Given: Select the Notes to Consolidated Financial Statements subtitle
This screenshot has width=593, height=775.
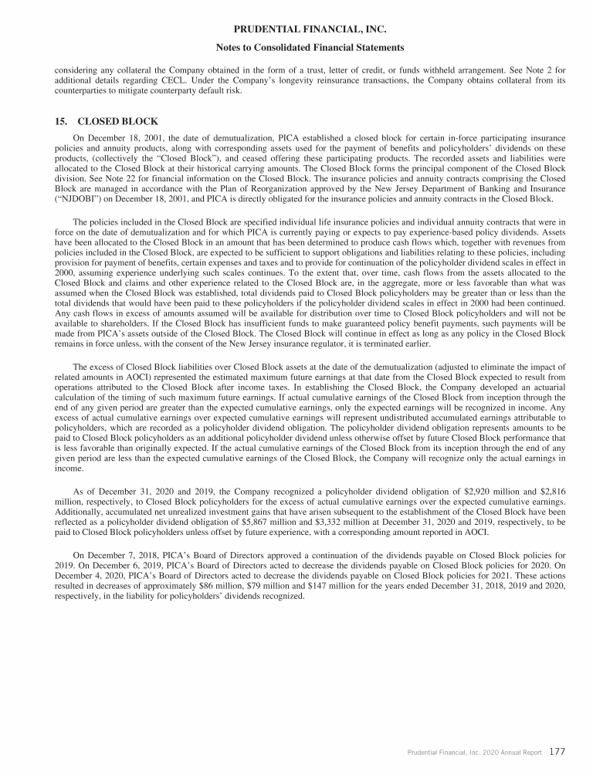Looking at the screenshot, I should coord(296,47).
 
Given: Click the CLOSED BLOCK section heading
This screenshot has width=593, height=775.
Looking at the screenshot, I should coord(117,121).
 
